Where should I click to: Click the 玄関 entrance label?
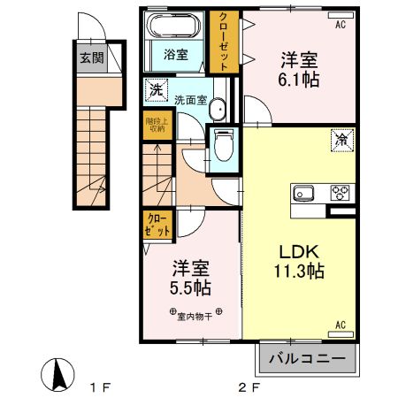pos(89,59)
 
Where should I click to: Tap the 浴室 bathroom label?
pos(175,55)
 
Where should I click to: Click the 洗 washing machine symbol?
pos(155,89)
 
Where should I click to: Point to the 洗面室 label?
pos(190,100)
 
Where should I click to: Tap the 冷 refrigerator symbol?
pos(341,138)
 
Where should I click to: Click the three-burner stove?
pos(341,192)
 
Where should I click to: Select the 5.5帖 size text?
pos(190,288)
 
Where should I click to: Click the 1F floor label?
pos(103,387)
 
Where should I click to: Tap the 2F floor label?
pos(250,387)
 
